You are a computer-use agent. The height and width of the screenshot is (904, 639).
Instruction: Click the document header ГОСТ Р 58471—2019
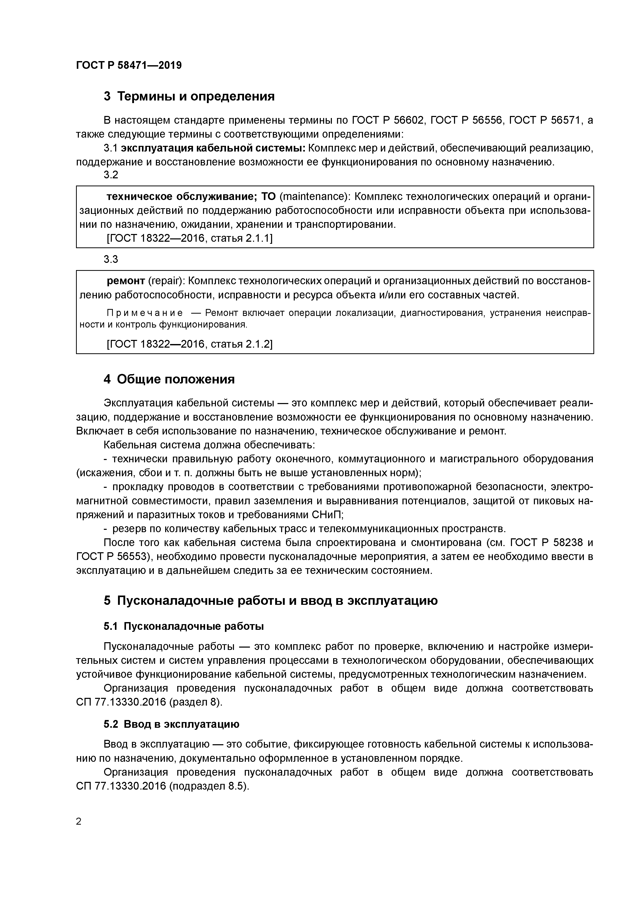[129, 65]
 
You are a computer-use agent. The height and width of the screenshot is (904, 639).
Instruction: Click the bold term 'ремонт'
[126, 281]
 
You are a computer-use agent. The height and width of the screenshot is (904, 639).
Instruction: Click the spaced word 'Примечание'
[145, 313]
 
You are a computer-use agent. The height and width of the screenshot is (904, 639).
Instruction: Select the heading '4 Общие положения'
[169, 379]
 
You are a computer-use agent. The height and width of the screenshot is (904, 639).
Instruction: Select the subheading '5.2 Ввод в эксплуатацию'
[171, 724]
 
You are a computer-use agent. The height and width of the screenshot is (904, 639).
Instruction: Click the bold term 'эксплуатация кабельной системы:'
[213, 148]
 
